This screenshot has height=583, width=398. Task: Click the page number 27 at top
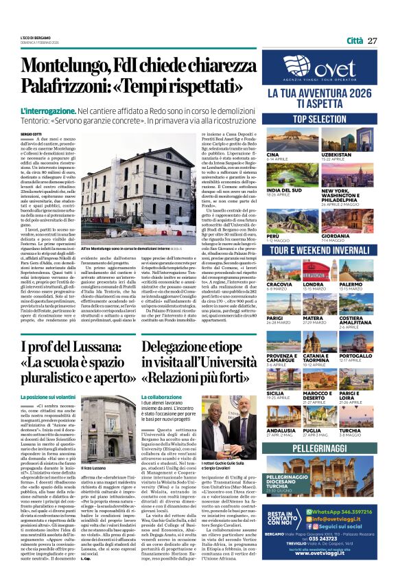pyautogui.click(x=373, y=40)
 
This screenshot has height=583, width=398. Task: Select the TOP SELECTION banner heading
pyautogui.click(x=320, y=119)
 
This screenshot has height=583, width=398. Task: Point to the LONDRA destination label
pyautogui.click(x=312, y=284)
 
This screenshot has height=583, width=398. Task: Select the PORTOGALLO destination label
pyautogui.click(x=356, y=356)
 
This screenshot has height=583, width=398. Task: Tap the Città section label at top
pyautogui.click(x=355, y=40)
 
